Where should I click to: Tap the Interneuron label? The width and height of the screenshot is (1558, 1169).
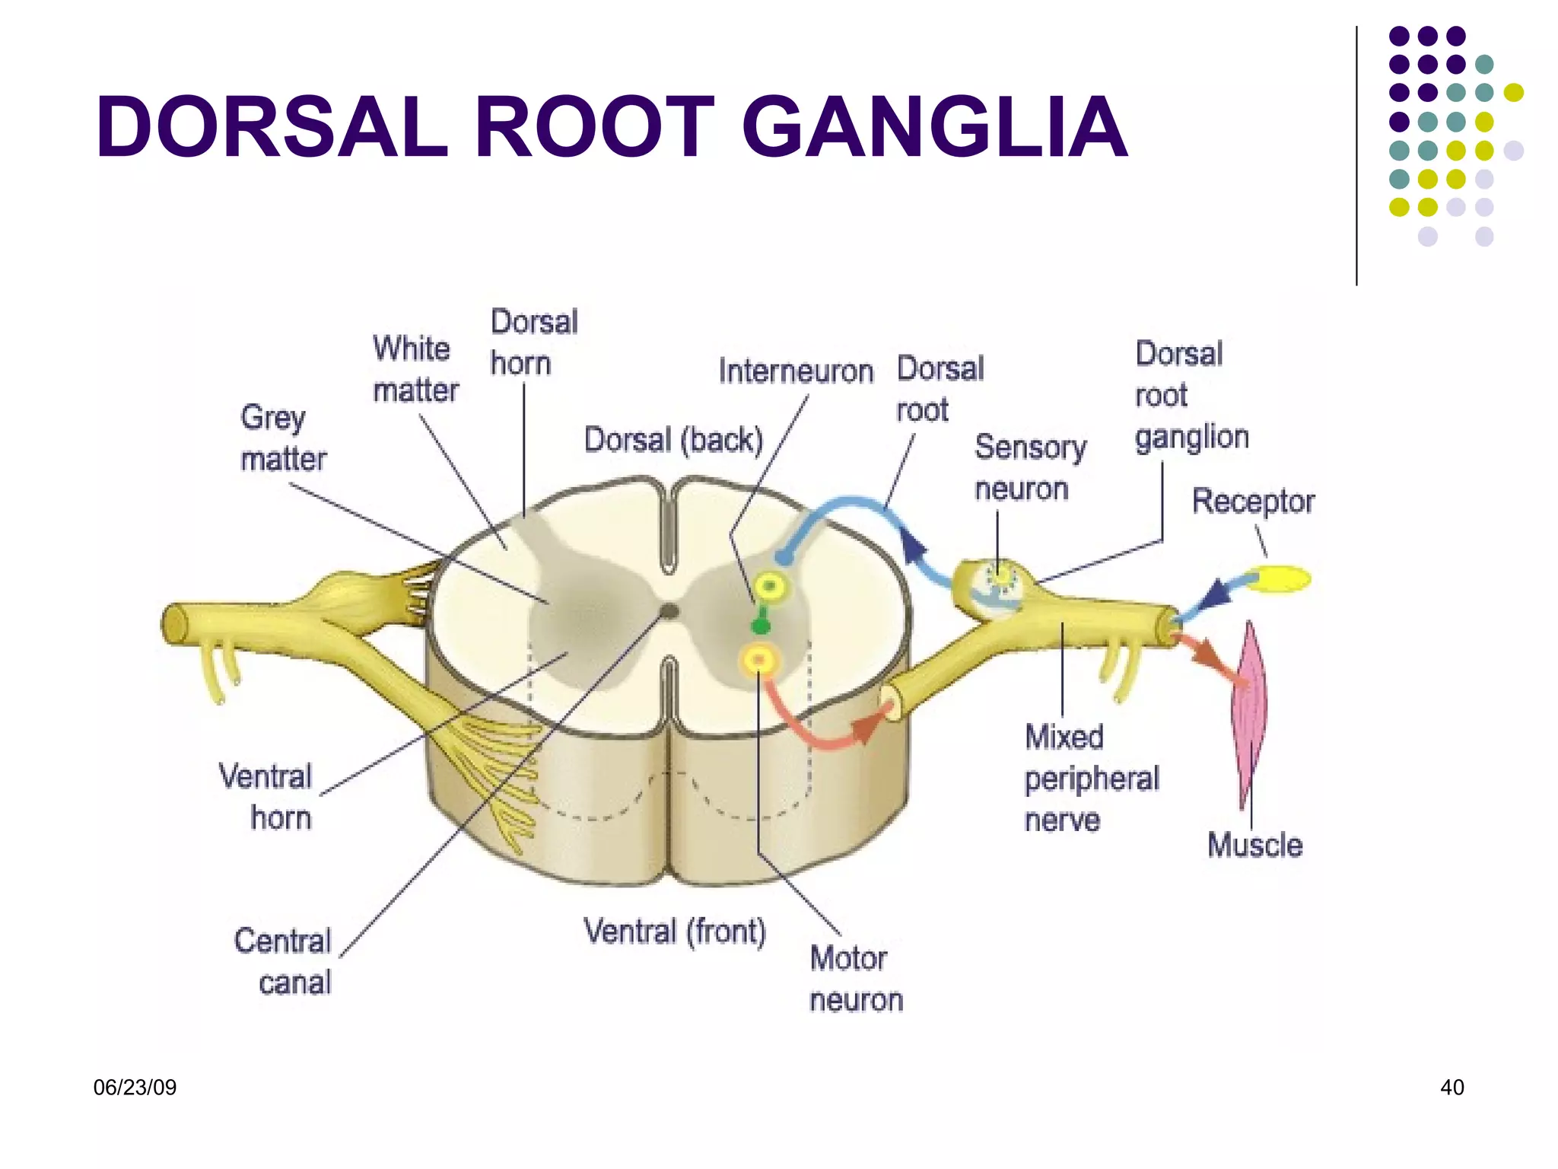click(796, 371)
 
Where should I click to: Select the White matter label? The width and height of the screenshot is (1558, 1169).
click(415, 370)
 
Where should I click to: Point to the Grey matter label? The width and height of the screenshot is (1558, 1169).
click(283, 438)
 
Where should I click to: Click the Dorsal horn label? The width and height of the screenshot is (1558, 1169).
click(533, 342)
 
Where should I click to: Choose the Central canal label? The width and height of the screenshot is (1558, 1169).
click(284, 962)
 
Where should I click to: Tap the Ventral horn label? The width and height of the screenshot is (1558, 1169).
click(266, 797)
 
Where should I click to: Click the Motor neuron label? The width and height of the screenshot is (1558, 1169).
click(855, 979)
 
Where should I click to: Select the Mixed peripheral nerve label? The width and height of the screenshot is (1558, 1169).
click(1091, 779)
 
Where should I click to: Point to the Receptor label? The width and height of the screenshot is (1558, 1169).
click(1252, 502)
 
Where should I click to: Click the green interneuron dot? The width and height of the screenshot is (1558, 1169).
click(760, 626)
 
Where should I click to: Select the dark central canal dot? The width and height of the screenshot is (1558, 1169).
click(669, 610)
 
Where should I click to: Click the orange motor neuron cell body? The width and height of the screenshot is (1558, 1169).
click(759, 660)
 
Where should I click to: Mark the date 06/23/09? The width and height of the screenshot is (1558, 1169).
click(135, 1088)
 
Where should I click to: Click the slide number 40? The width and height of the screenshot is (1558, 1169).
click(1451, 1088)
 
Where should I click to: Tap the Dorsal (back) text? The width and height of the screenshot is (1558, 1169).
click(673, 441)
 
